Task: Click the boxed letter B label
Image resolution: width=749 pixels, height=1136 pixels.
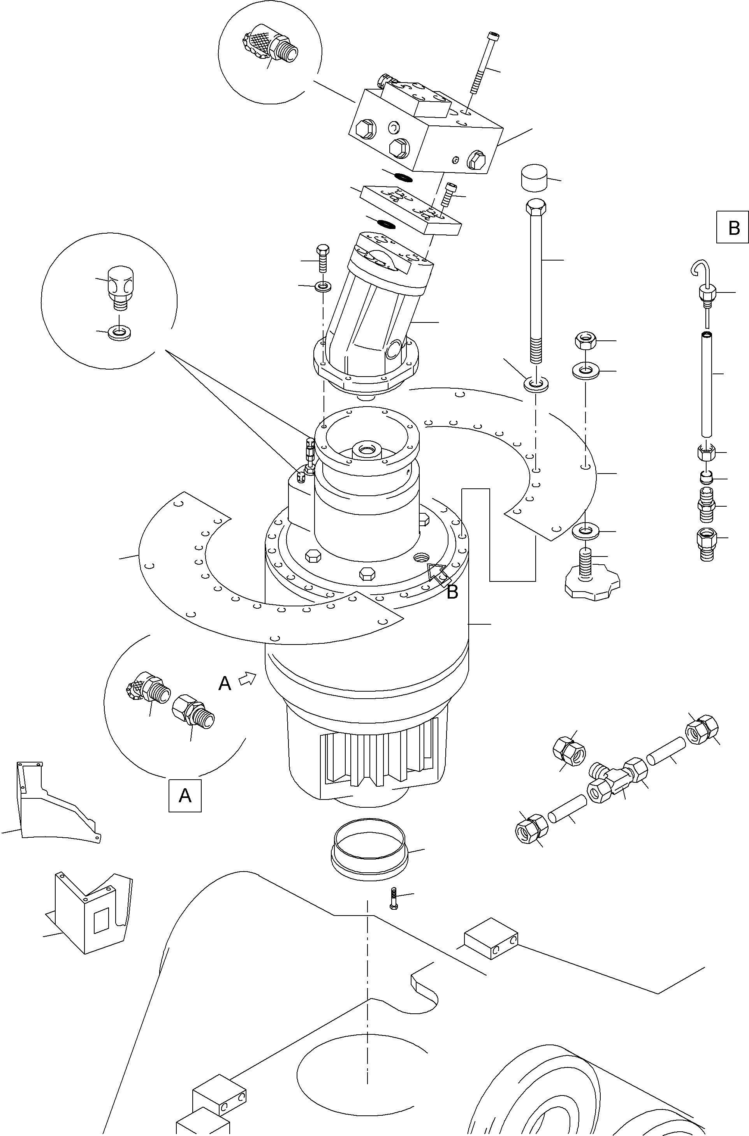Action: tap(733, 227)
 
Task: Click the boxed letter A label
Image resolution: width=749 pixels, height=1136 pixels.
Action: tap(185, 795)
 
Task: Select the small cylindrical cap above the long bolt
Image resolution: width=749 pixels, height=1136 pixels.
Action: tap(534, 178)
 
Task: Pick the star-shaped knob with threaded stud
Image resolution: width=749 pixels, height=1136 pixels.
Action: tap(591, 582)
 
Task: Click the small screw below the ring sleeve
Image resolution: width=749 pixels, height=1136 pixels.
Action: tap(394, 898)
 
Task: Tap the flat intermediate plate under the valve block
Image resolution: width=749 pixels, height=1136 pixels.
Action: tap(411, 210)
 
